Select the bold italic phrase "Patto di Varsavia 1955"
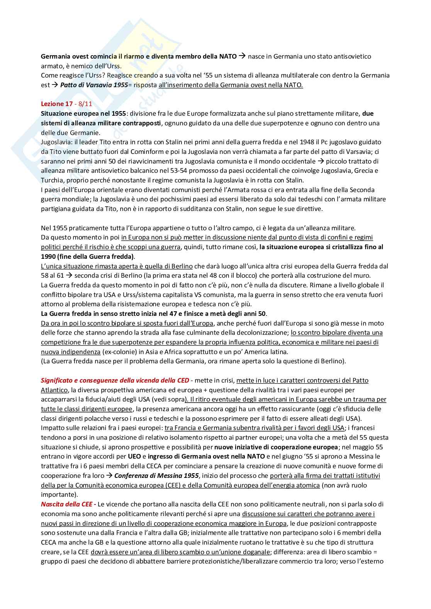[x=94, y=85]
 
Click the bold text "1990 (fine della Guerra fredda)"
[x=88, y=256]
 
